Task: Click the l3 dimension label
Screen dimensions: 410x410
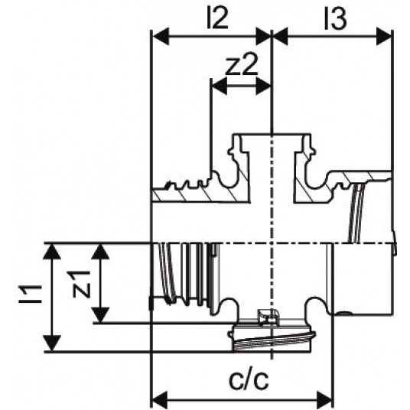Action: [336, 20]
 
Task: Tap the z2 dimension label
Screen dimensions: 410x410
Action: [241, 64]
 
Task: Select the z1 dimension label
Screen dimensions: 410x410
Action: [82, 285]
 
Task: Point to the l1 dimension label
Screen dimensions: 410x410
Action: [30, 294]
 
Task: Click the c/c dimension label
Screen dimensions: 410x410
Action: [249, 379]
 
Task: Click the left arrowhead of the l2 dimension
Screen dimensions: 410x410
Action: [161, 37]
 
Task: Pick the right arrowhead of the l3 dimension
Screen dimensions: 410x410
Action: [384, 37]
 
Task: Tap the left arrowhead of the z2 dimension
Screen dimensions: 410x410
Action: [219, 86]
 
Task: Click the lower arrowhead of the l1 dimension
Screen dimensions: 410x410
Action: [52, 343]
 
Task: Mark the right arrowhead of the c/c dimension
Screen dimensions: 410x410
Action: [325, 401]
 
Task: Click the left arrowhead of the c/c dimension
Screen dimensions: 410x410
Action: [161, 401]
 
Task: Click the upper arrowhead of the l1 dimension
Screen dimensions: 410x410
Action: [52, 252]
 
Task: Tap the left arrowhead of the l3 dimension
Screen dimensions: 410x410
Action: [280, 37]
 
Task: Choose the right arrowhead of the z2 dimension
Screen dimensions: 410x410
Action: [263, 86]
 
